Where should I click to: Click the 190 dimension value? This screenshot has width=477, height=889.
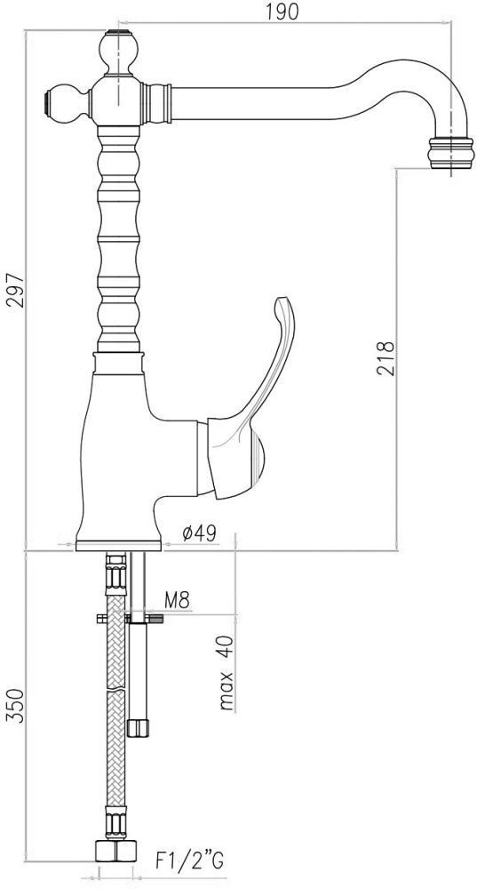tap(282, 12)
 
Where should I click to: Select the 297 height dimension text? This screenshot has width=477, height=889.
tap(15, 291)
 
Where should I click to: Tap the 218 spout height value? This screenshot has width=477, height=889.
tap(385, 358)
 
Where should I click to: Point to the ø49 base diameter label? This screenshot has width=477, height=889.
tap(199, 533)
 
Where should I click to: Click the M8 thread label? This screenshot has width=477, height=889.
tap(177, 599)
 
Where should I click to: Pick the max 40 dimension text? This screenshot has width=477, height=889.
tap(226, 673)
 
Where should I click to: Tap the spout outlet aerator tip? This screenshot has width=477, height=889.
tap(451, 153)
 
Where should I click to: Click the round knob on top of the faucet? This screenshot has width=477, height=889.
tap(118, 51)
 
